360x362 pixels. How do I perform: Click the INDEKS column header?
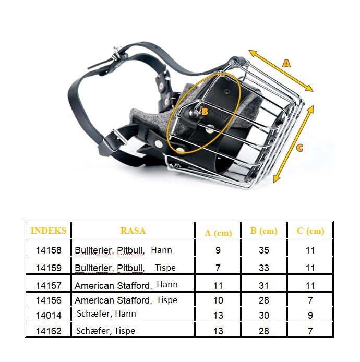49,231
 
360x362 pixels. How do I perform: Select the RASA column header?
133,231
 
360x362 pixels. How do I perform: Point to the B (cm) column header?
264,231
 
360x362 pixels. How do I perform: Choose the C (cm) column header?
310,231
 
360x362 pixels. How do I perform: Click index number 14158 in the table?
49,250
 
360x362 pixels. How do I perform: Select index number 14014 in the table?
49,316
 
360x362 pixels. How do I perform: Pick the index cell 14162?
49,331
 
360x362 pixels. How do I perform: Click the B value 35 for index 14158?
264,250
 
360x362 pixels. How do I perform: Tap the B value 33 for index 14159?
264,268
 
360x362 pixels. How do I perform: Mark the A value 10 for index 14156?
218,300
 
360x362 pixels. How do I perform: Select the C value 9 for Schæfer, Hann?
310,316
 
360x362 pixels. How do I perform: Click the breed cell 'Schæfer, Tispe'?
106,331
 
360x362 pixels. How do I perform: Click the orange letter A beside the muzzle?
286,64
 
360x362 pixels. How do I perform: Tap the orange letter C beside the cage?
299,148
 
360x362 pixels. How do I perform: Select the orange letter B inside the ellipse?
205,112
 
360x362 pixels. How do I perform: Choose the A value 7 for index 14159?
218,268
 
